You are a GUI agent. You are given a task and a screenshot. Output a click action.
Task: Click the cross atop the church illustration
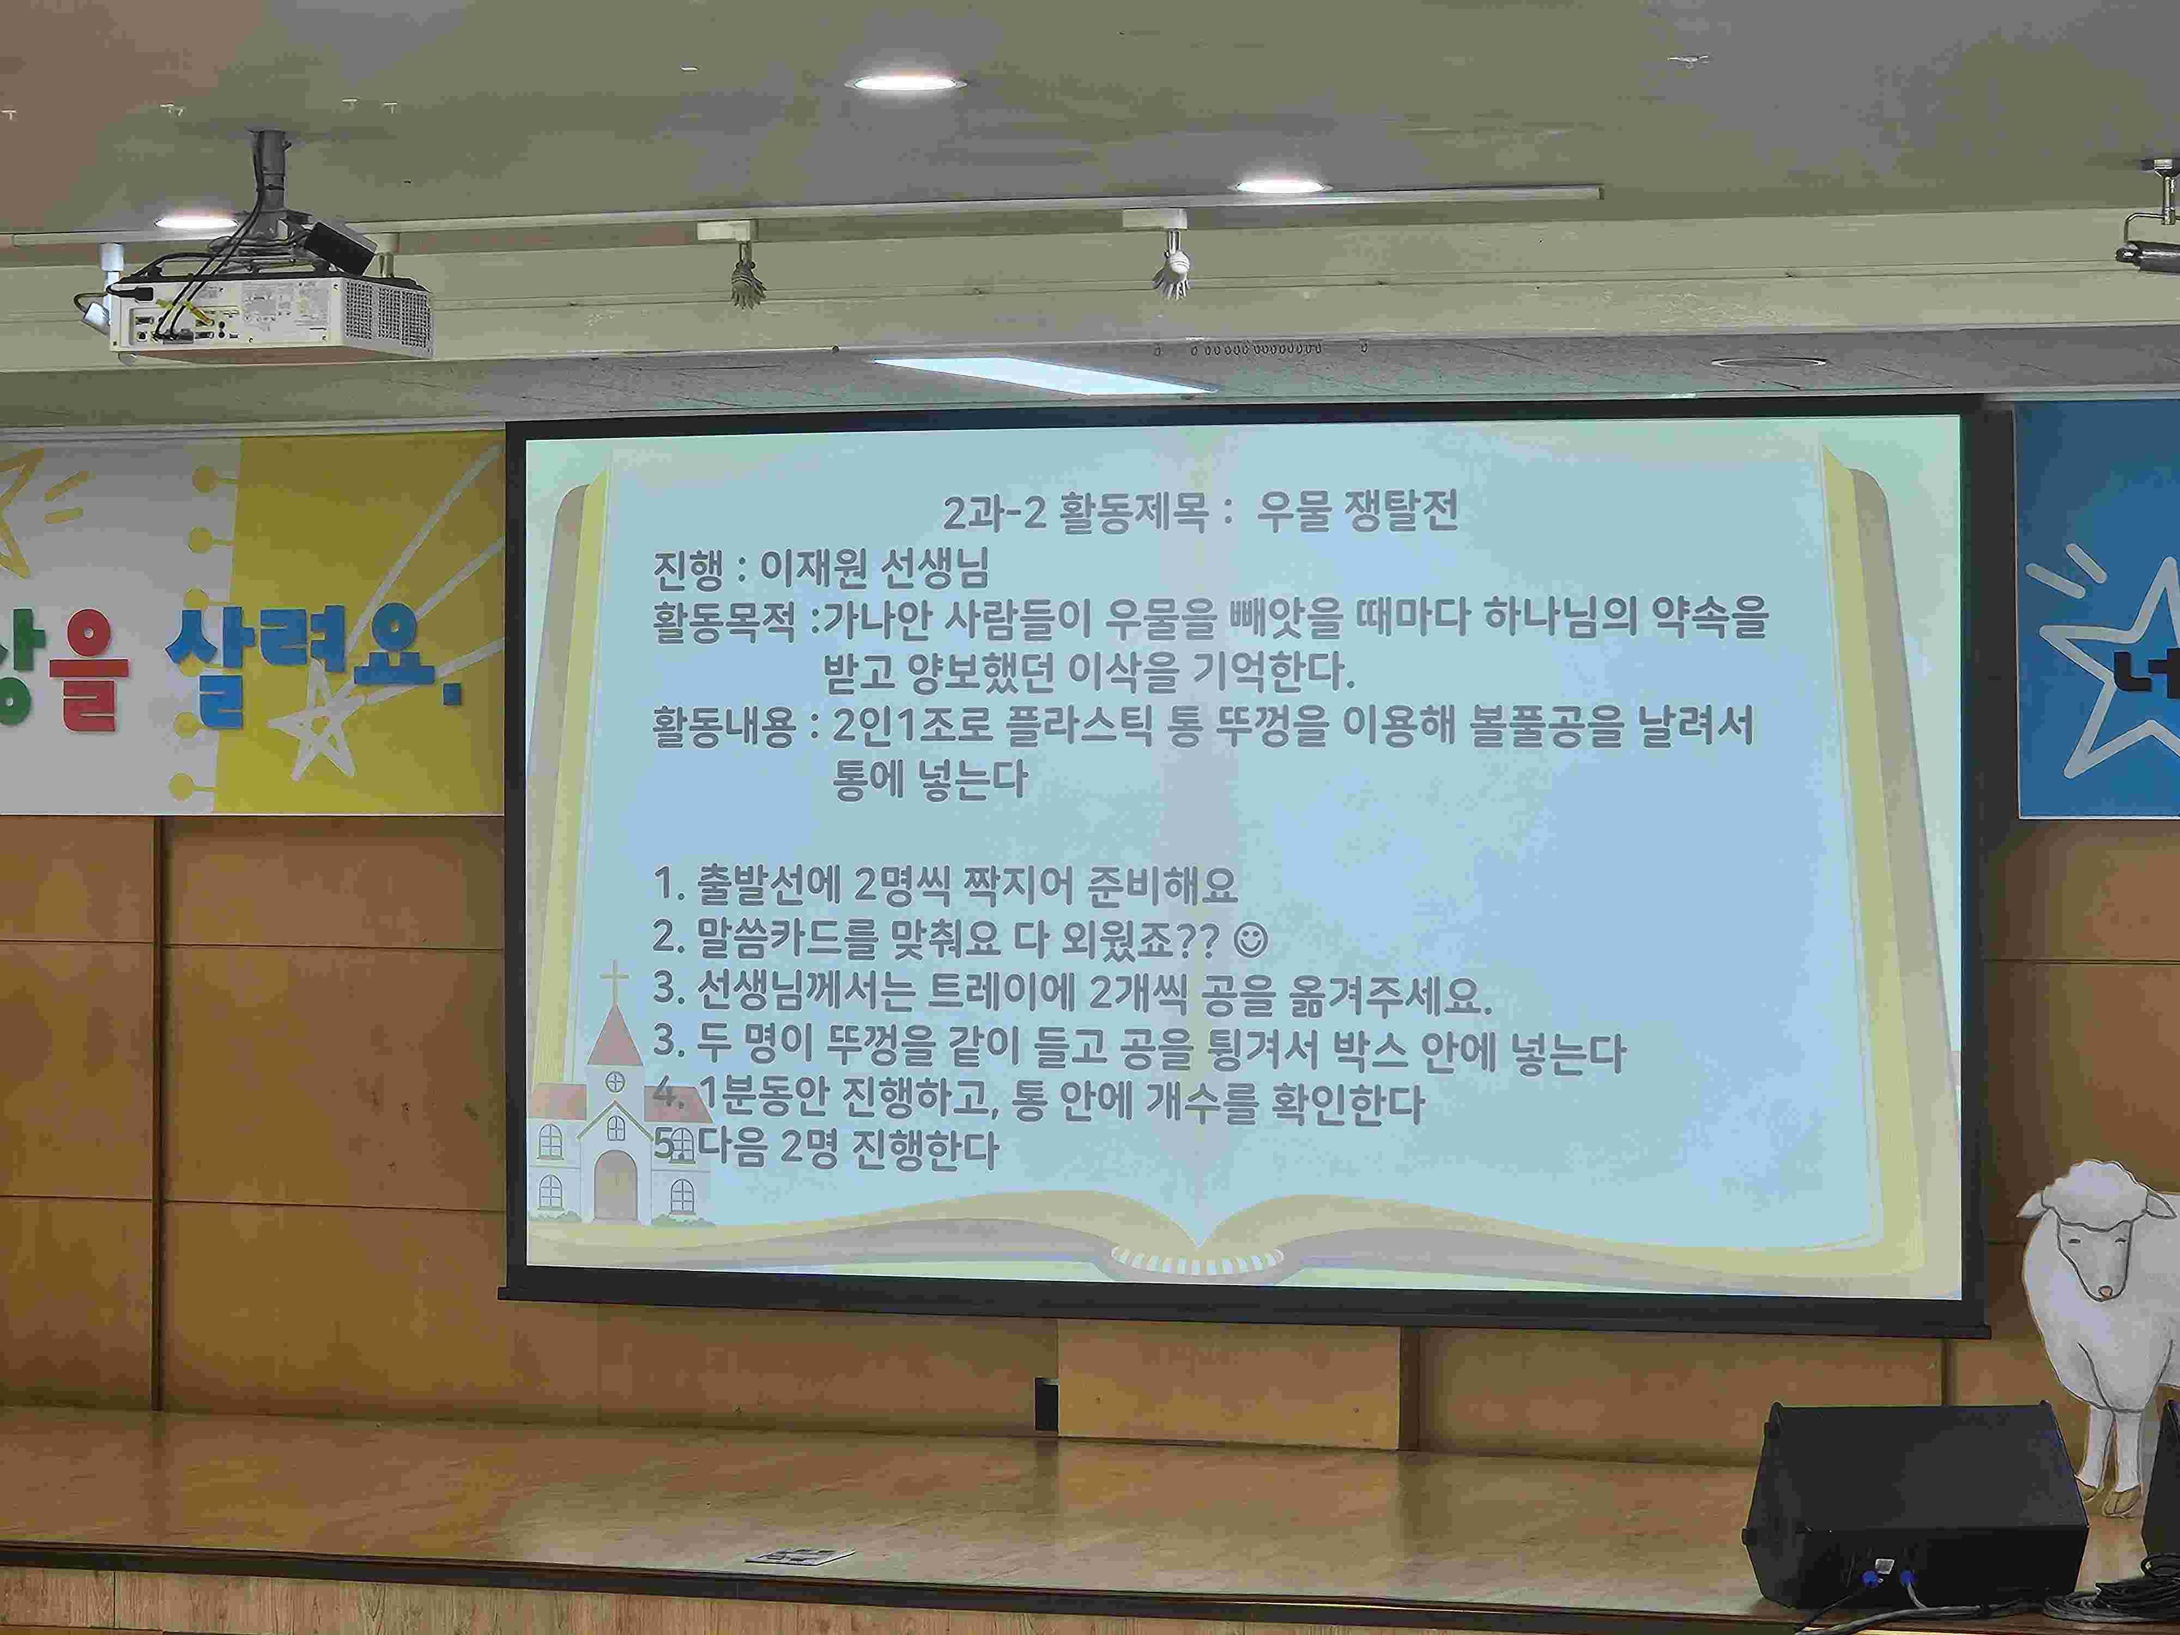[x=615, y=980]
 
